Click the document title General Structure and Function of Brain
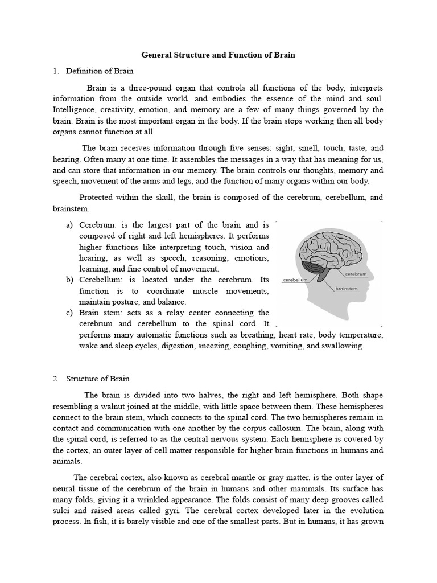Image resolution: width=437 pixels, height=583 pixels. coord(218,55)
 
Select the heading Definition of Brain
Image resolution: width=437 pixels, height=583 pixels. coord(100,71)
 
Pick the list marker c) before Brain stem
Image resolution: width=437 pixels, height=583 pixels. coord(69,313)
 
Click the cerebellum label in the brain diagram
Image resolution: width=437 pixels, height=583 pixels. coord(295,281)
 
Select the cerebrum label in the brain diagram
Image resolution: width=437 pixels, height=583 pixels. coord(356,274)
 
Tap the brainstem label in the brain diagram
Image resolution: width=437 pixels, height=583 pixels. coord(347,289)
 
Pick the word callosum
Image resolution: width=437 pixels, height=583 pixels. coord(265,428)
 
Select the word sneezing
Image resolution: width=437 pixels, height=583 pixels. coord(214,346)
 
